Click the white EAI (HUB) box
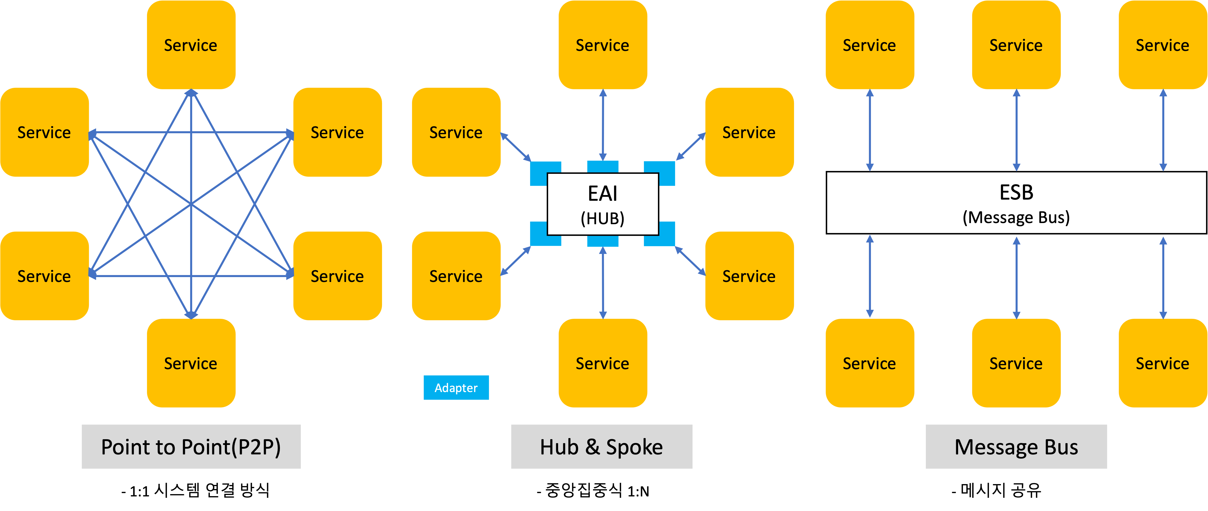[603, 204]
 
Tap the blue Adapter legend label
[456, 388]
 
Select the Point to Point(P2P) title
[191, 447]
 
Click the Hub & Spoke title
[601, 447]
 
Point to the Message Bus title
[1016, 447]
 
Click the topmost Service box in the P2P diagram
[191, 45]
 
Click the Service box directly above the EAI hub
[603, 45]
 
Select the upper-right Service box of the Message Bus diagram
[1163, 45]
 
